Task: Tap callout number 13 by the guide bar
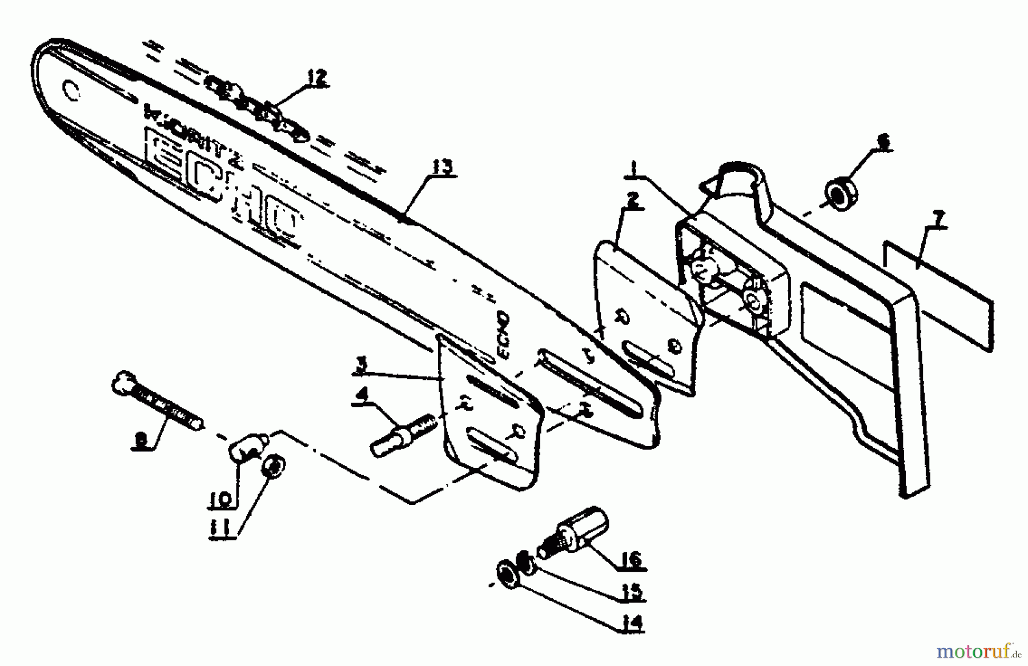(443, 167)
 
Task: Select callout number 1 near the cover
(632, 168)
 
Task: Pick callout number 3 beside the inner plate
(361, 366)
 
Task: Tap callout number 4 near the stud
(361, 395)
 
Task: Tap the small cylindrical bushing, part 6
(840, 195)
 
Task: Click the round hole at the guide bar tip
(71, 90)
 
